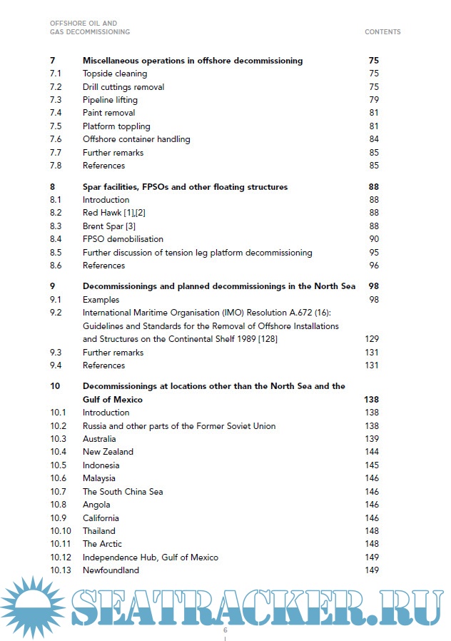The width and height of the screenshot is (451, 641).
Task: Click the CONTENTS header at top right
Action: (x=382, y=32)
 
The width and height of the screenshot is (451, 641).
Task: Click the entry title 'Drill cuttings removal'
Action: (x=123, y=87)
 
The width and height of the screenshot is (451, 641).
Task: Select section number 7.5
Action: (x=56, y=126)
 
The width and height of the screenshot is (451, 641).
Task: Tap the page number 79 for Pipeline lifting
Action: (x=374, y=100)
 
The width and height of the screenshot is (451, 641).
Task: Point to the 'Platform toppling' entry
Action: (x=116, y=126)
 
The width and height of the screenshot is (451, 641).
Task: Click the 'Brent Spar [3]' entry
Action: (x=109, y=226)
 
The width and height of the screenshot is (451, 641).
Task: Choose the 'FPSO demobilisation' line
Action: (x=123, y=239)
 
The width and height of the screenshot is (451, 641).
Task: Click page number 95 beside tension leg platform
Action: (x=374, y=253)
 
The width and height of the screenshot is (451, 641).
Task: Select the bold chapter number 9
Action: (x=52, y=286)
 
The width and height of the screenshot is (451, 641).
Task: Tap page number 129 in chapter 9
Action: (x=372, y=339)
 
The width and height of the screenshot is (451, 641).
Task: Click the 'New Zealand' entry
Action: (x=108, y=452)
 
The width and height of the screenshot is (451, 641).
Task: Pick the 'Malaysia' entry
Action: (x=98, y=478)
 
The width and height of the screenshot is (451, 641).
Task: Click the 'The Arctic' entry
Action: (x=102, y=544)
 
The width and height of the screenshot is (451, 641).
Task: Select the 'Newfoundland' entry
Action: (x=111, y=570)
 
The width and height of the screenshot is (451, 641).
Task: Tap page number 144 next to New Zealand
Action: (x=372, y=452)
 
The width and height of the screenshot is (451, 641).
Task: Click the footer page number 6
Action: (x=225, y=631)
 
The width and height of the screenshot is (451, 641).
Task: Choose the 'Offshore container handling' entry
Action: (x=136, y=139)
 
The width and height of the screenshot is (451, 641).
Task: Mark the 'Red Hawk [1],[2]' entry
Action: (x=114, y=213)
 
